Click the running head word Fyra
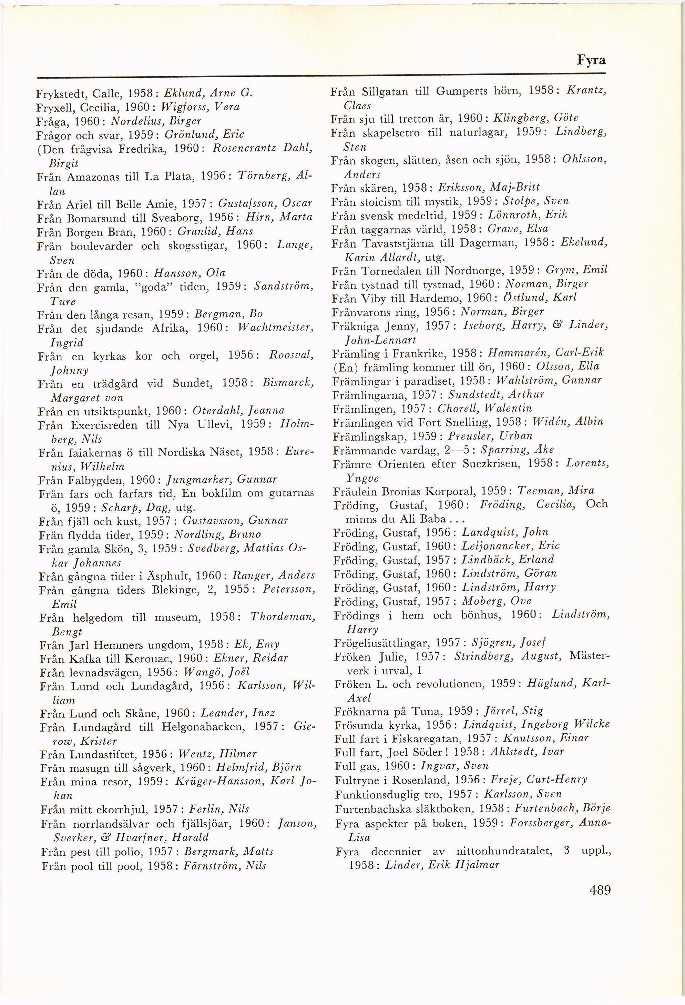[x=591, y=60]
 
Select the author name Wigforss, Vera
[x=201, y=107]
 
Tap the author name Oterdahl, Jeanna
[x=238, y=410]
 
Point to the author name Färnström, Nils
[x=225, y=866]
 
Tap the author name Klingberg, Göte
[x=535, y=118]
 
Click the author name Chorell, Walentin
[x=484, y=408]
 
